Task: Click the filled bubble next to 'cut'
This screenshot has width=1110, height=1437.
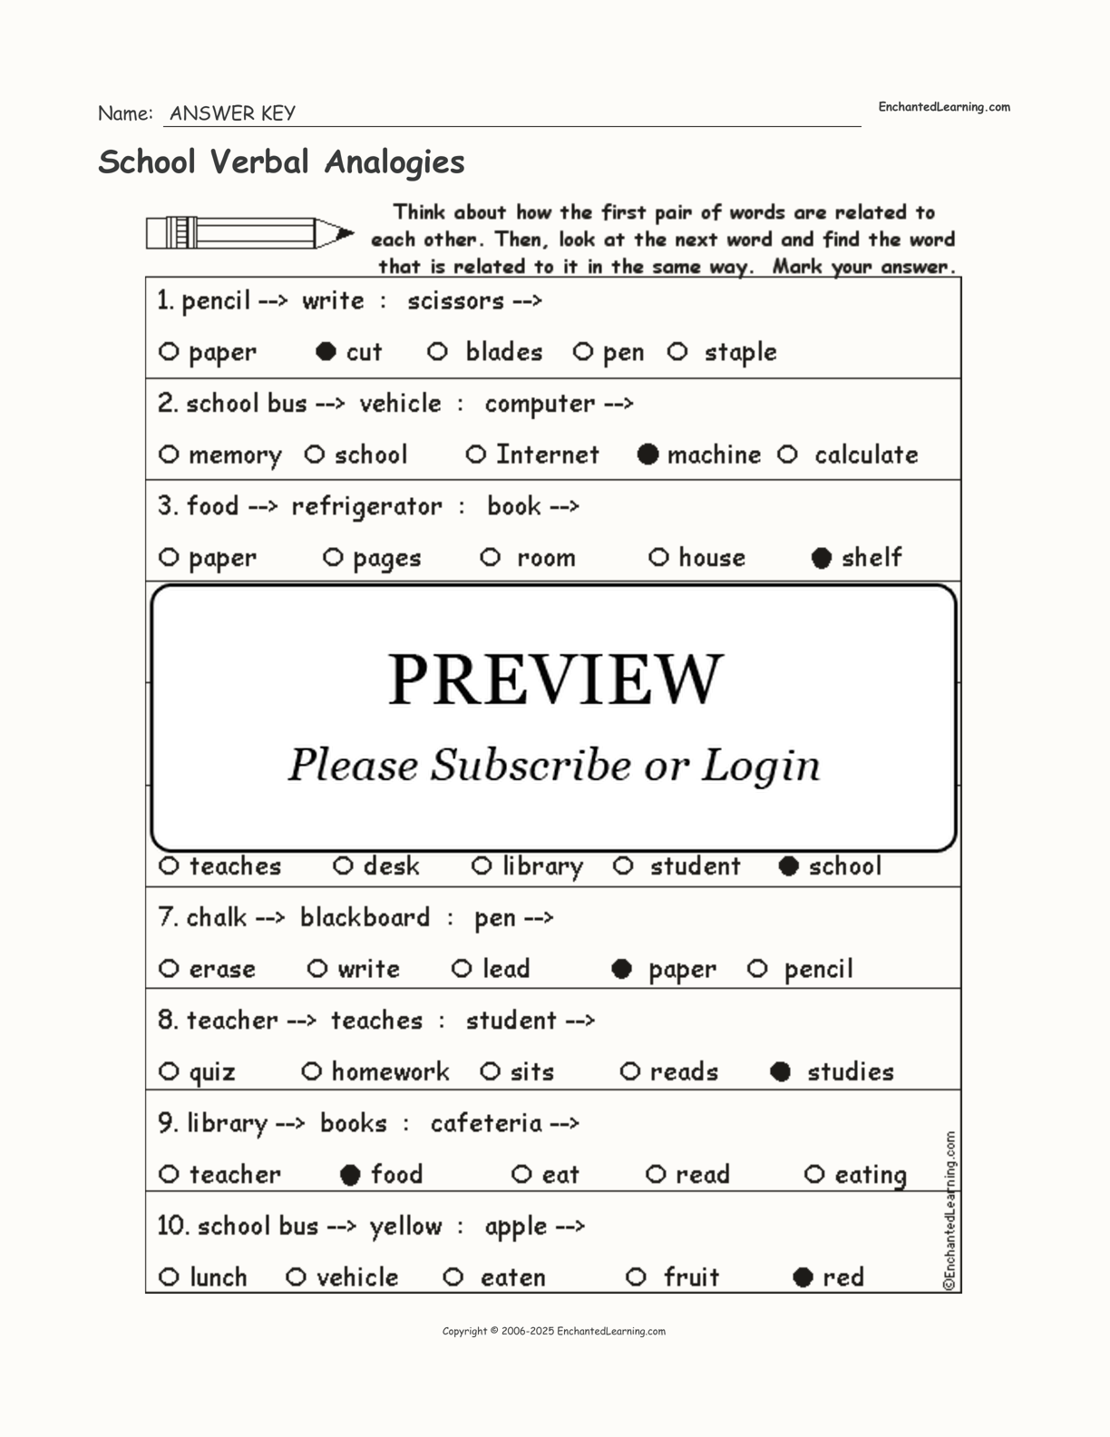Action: coord(326,352)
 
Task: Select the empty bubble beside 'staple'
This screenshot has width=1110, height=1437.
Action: coord(677,352)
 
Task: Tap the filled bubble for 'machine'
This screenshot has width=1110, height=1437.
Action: coord(647,455)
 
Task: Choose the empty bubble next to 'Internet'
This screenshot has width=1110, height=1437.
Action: coord(476,455)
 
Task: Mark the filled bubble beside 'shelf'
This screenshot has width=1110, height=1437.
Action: coord(822,558)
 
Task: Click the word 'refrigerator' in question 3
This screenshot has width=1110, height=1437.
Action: coord(366,506)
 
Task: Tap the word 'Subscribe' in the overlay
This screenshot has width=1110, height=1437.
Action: coord(530,765)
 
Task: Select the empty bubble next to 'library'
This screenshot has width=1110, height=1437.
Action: coord(482,866)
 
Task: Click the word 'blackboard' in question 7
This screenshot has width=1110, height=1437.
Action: coord(365,917)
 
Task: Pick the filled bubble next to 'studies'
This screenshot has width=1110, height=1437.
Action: coord(780,1072)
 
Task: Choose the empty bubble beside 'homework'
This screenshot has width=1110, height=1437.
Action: coord(311,1072)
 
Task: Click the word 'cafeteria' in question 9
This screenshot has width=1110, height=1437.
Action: coord(486,1123)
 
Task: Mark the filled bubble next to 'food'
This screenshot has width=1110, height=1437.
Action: coord(350,1175)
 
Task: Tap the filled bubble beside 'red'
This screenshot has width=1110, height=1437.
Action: coord(803,1277)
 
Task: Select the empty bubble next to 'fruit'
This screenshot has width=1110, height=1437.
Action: coord(636,1277)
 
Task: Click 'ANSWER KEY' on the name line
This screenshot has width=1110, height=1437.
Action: coord(232,113)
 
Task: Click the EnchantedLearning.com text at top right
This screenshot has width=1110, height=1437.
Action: coord(943,107)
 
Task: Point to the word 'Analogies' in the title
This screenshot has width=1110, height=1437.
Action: coord(394,161)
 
